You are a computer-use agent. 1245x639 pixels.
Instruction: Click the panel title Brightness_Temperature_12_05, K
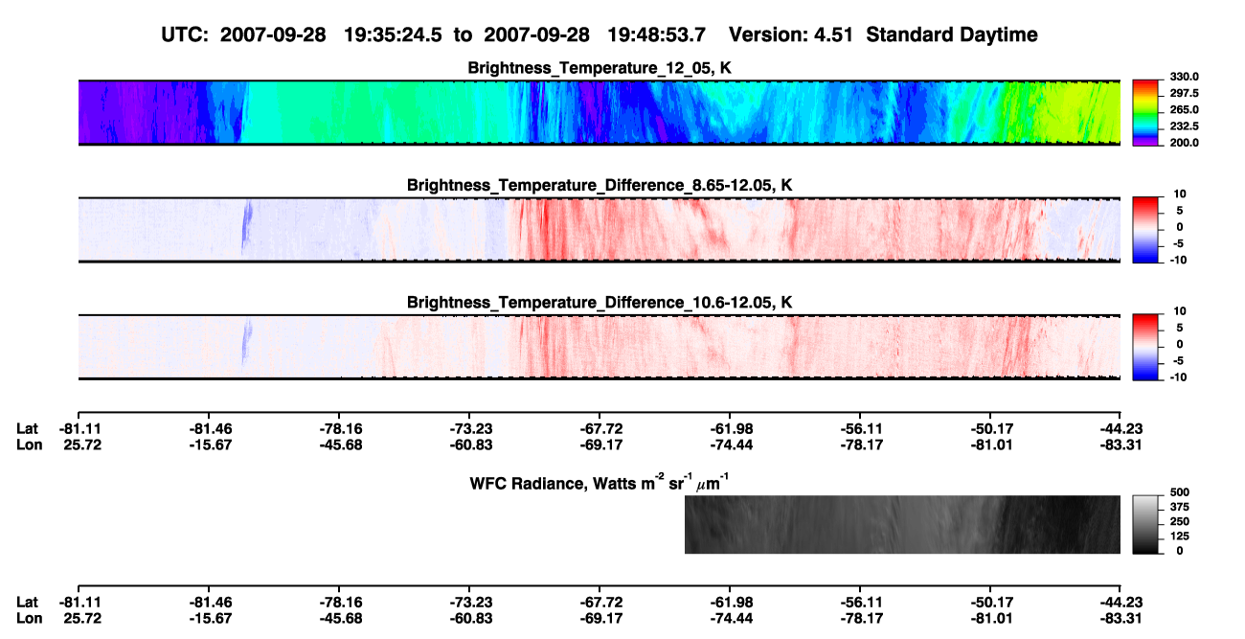click(600, 68)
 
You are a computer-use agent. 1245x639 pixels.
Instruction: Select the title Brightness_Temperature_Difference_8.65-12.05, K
click(600, 185)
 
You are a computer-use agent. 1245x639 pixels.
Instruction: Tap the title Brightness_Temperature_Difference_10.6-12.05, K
click(600, 303)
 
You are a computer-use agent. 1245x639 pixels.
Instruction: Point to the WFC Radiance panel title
click(600, 483)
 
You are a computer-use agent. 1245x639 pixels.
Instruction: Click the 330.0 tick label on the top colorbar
click(1184, 77)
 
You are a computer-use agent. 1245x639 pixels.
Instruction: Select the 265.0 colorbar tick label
click(1184, 109)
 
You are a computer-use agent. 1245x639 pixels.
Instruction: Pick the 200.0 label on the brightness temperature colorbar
click(1184, 143)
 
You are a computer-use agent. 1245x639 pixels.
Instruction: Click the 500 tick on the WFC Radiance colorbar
click(1180, 492)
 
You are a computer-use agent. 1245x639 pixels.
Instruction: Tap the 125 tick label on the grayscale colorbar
click(1180, 536)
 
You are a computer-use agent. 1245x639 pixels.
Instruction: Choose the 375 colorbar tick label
click(1180, 507)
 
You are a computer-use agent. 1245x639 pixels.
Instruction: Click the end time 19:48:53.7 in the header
click(656, 34)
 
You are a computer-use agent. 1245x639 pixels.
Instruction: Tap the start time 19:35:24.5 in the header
click(393, 34)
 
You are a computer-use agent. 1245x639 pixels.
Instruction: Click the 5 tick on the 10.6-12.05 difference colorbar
click(1180, 328)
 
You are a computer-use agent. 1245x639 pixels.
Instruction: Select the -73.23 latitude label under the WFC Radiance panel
click(469, 603)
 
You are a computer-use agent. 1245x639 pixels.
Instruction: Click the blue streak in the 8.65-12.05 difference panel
click(246, 226)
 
